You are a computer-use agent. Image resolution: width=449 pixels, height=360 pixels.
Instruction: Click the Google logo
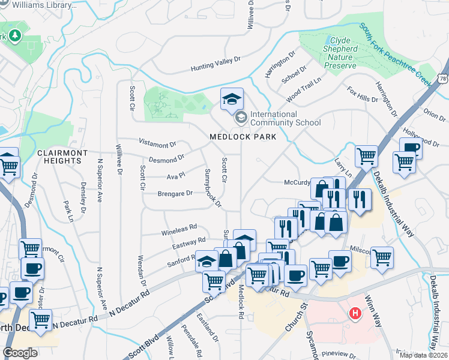tap(20, 353)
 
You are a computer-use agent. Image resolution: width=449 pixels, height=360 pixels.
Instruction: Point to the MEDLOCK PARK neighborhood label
tap(243, 137)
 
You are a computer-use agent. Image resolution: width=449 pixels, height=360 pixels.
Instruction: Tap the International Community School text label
tap(285, 118)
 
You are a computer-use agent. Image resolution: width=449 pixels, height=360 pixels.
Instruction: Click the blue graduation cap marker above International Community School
tap(232, 98)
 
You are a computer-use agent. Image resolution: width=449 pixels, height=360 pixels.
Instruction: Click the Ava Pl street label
tap(176, 176)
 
